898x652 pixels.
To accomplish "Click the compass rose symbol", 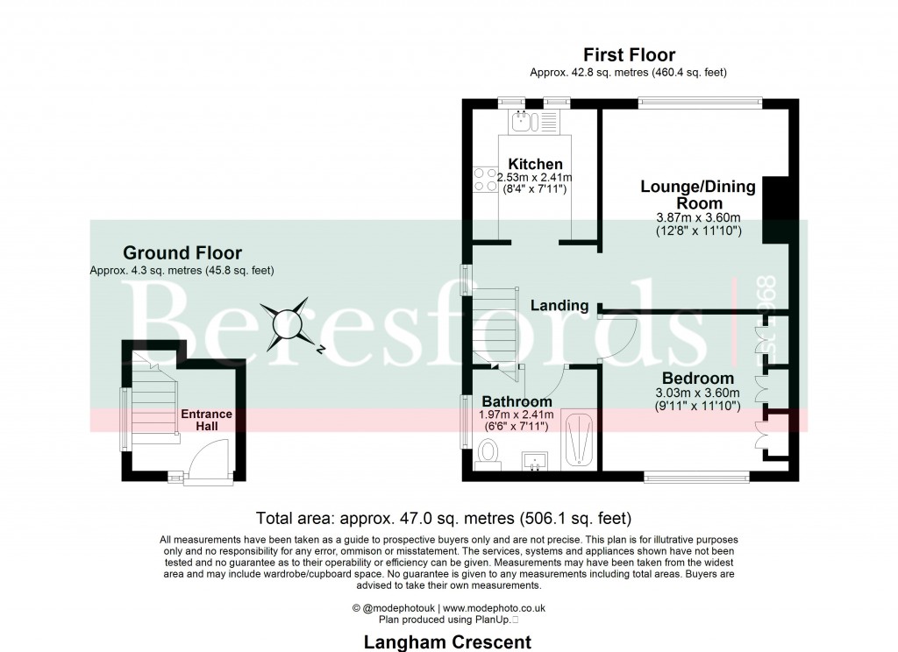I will pyautogui.click(x=289, y=324).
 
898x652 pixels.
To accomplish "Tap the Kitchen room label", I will pyautogui.click(x=535, y=164).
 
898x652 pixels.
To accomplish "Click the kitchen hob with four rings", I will pyautogui.click(x=485, y=180).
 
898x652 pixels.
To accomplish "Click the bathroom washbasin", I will pyautogui.click(x=535, y=459).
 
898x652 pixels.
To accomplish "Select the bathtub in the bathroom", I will pyautogui.click(x=579, y=439).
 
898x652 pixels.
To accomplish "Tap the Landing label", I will pyautogui.click(x=559, y=306).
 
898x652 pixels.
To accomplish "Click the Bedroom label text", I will pyautogui.click(x=697, y=379).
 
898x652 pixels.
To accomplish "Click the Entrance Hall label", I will pyautogui.click(x=206, y=420).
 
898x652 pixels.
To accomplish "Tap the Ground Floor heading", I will pyautogui.click(x=182, y=253).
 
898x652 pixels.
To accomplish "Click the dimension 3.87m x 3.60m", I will pyautogui.click(x=698, y=217).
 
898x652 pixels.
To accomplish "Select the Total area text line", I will pyautogui.click(x=443, y=517).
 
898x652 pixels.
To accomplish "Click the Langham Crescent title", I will pyautogui.click(x=447, y=642).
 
